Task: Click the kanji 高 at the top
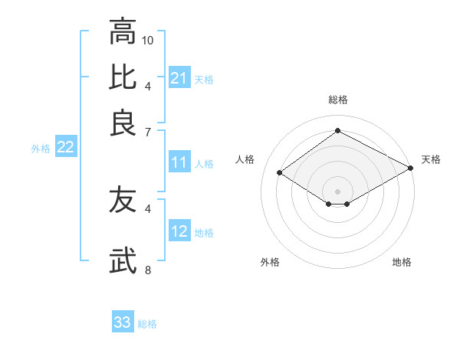pos(123,33)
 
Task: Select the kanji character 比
pos(123,77)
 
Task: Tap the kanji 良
pos(123,123)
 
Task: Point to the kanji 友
pos(123,201)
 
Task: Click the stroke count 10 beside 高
pos(148,40)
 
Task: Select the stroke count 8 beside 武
pos(148,270)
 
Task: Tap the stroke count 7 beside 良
pos(148,133)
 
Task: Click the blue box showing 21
pos(179,78)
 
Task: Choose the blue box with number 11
pos(179,163)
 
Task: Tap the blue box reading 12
pos(179,232)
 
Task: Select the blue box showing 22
pos(65,148)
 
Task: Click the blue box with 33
pos(123,322)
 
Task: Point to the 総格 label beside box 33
pos(147,324)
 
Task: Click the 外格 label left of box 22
pos(41,149)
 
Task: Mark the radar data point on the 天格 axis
pos(412,169)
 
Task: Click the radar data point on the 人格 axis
pos(280,173)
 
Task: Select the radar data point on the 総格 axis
pos(337,131)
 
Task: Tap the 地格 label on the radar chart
pos(402,262)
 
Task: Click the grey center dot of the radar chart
pos(337,190)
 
